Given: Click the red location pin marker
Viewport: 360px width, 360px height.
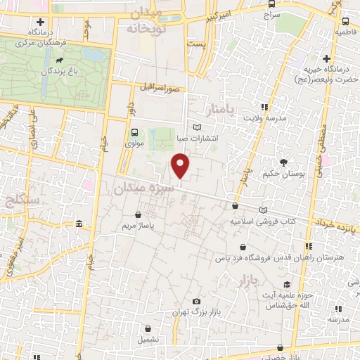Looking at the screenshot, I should point(181,167).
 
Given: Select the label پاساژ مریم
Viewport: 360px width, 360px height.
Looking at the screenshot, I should point(138,226).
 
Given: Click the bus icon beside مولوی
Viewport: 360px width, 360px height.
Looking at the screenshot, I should point(134,132).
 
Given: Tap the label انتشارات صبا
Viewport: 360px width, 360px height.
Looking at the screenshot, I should point(200,138).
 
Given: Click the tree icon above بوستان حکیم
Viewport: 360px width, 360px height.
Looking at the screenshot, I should point(283,162).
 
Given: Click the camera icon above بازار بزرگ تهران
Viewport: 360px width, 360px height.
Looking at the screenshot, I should point(196,301).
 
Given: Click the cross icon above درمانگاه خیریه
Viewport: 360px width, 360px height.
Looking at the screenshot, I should point(326,58).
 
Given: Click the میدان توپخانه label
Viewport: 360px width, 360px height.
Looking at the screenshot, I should point(155,21).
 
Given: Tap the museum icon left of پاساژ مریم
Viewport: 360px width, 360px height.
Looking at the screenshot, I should point(78,224).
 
